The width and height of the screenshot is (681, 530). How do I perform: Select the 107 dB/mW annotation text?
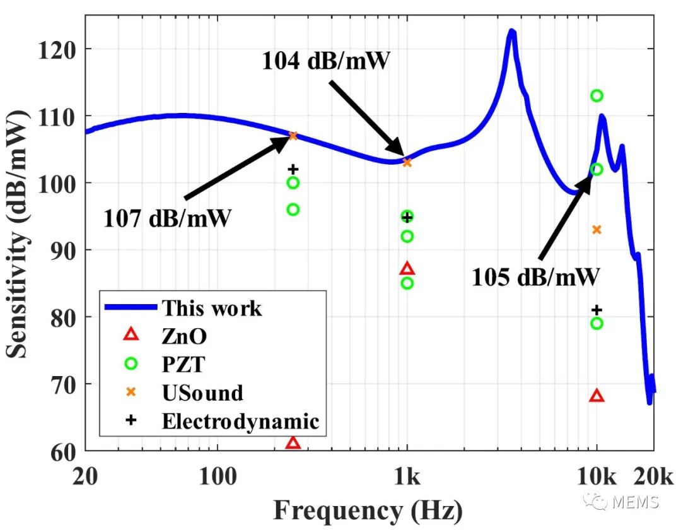pyautogui.click(x=167, y=219)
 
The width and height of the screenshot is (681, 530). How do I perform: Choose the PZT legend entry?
pyautogui.click(x=183, y=364)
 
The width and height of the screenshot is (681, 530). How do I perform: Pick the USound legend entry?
pyautogui.click(x=202, y=392)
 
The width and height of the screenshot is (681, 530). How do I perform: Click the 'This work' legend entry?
pyautogui.click(x=211, y=308)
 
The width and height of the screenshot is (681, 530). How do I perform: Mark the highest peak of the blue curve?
pyautogui.click(x=512, y=31)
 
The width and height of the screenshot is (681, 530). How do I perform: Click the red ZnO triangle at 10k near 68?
pyautogui.click(x=597, y=396)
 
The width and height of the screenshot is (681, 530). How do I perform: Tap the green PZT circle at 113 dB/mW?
pyautogui.click(x=597, y=96)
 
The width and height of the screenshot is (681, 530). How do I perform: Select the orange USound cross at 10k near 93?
pyautogui.click(x=597, y=230)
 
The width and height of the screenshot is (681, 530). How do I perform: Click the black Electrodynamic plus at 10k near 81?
pyautogui.click(x=597, y=310)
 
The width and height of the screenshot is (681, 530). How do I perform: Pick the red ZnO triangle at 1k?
pyautogui.click(x=407, y=269)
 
